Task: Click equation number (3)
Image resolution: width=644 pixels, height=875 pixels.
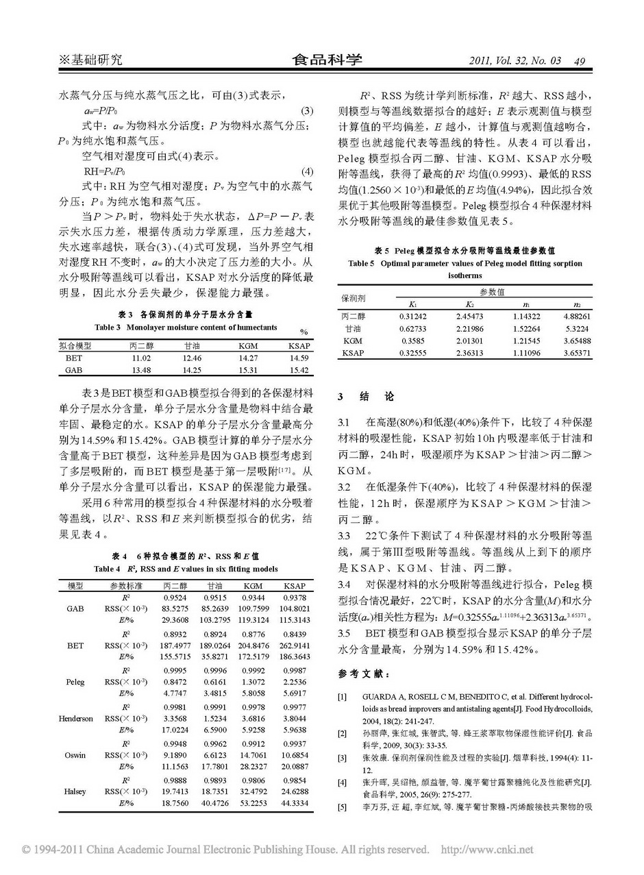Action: pos(308,112)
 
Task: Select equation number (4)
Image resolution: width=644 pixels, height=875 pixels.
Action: pos(308,171)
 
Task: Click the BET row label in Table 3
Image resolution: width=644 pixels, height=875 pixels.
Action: pos(73,358)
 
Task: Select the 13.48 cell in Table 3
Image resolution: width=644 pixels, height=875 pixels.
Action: pos(140,369)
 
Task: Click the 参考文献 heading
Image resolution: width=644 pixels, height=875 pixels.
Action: pos(363,674)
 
